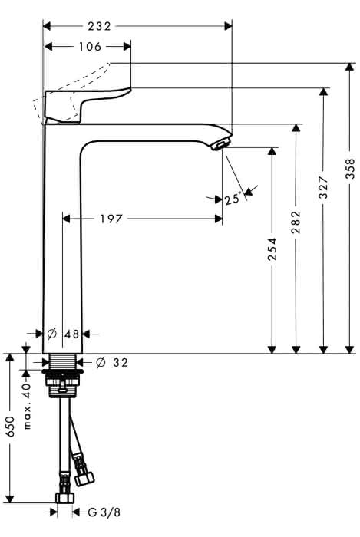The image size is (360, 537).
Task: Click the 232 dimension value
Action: (99, 26)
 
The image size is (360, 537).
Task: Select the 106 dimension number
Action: (90, 46)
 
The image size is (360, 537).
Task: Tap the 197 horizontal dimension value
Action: (111, 219)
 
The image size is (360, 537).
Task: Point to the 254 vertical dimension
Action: (272, 249)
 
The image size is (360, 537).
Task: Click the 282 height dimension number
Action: (296, 222)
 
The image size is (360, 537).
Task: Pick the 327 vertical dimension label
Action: (323, 187)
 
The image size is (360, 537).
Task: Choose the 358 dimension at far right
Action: (350, 169)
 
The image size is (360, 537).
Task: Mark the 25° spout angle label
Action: (233, 199)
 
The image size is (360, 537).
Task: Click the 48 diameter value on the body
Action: (72, 334)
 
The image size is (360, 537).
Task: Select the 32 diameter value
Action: (121, 362)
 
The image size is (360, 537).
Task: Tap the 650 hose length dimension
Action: (10, 427)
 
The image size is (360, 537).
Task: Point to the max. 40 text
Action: (27, 406)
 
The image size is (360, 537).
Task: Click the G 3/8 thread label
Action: (104, 512)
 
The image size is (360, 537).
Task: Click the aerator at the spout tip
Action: (221, 144)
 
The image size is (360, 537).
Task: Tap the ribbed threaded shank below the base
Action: (63, 362)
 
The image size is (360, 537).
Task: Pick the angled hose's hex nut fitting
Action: (84, 478)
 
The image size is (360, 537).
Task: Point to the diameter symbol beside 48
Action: (51, 333)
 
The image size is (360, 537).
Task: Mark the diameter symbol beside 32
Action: (101, 362)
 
